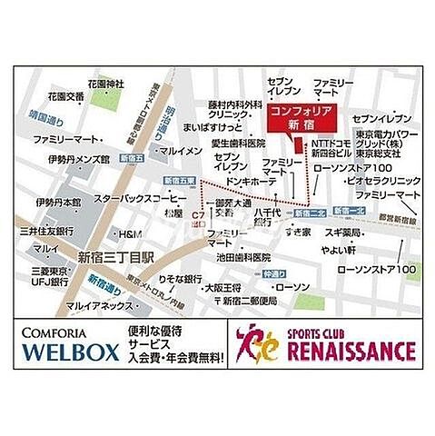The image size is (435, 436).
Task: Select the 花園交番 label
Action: click(66, 97)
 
